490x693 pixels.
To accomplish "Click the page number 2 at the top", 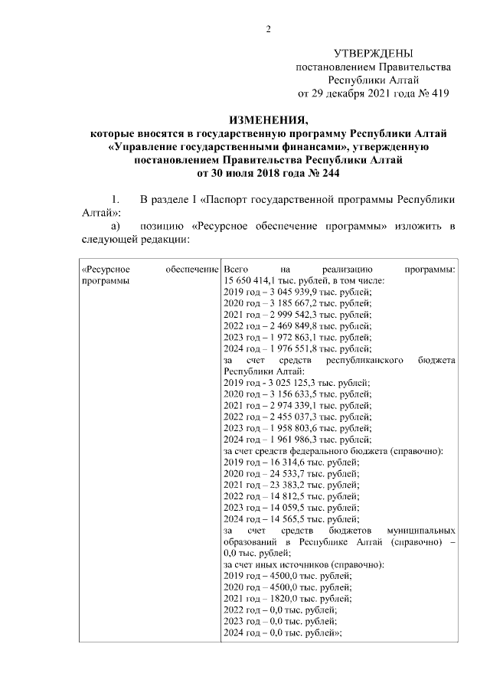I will (267, 30).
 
